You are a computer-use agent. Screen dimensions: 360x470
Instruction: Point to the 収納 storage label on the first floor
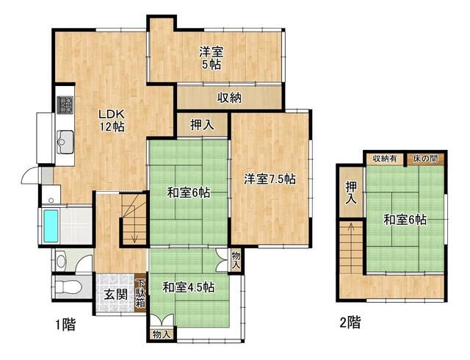click(229, 98)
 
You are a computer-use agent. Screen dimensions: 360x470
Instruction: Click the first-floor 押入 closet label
click(202, 125)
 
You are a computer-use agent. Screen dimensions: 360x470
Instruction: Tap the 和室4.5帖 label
click(188, 287)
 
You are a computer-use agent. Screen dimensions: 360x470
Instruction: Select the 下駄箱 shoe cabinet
click(141, 292)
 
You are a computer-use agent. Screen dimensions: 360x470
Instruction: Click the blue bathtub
click(51, 226)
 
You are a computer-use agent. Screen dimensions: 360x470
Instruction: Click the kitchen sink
click(64, 139)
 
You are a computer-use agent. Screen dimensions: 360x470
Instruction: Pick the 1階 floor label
click(65, 324)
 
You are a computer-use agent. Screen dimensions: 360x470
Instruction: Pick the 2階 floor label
click(350, 323)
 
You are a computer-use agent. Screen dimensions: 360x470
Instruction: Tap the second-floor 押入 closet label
click(351, 192)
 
